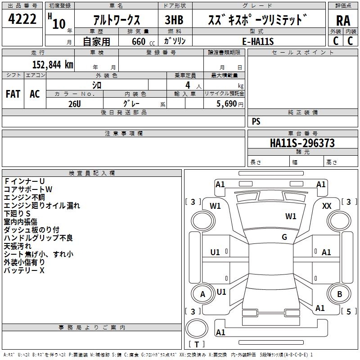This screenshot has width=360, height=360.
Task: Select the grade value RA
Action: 342,20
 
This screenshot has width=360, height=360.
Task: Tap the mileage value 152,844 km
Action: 53,64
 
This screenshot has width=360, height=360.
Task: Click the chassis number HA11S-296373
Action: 302,143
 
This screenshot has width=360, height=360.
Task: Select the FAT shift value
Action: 13,94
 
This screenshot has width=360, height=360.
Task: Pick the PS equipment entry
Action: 256,121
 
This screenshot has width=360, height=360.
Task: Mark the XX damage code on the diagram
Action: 327,206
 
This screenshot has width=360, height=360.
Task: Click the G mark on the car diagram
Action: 284,237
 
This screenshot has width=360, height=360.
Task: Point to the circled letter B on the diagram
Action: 340,294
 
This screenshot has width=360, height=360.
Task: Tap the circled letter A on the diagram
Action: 202,294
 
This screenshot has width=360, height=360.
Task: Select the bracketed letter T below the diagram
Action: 196,345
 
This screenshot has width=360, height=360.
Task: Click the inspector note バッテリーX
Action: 24,270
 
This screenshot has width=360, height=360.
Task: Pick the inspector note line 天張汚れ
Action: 18,246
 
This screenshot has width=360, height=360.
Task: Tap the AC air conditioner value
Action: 35,94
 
